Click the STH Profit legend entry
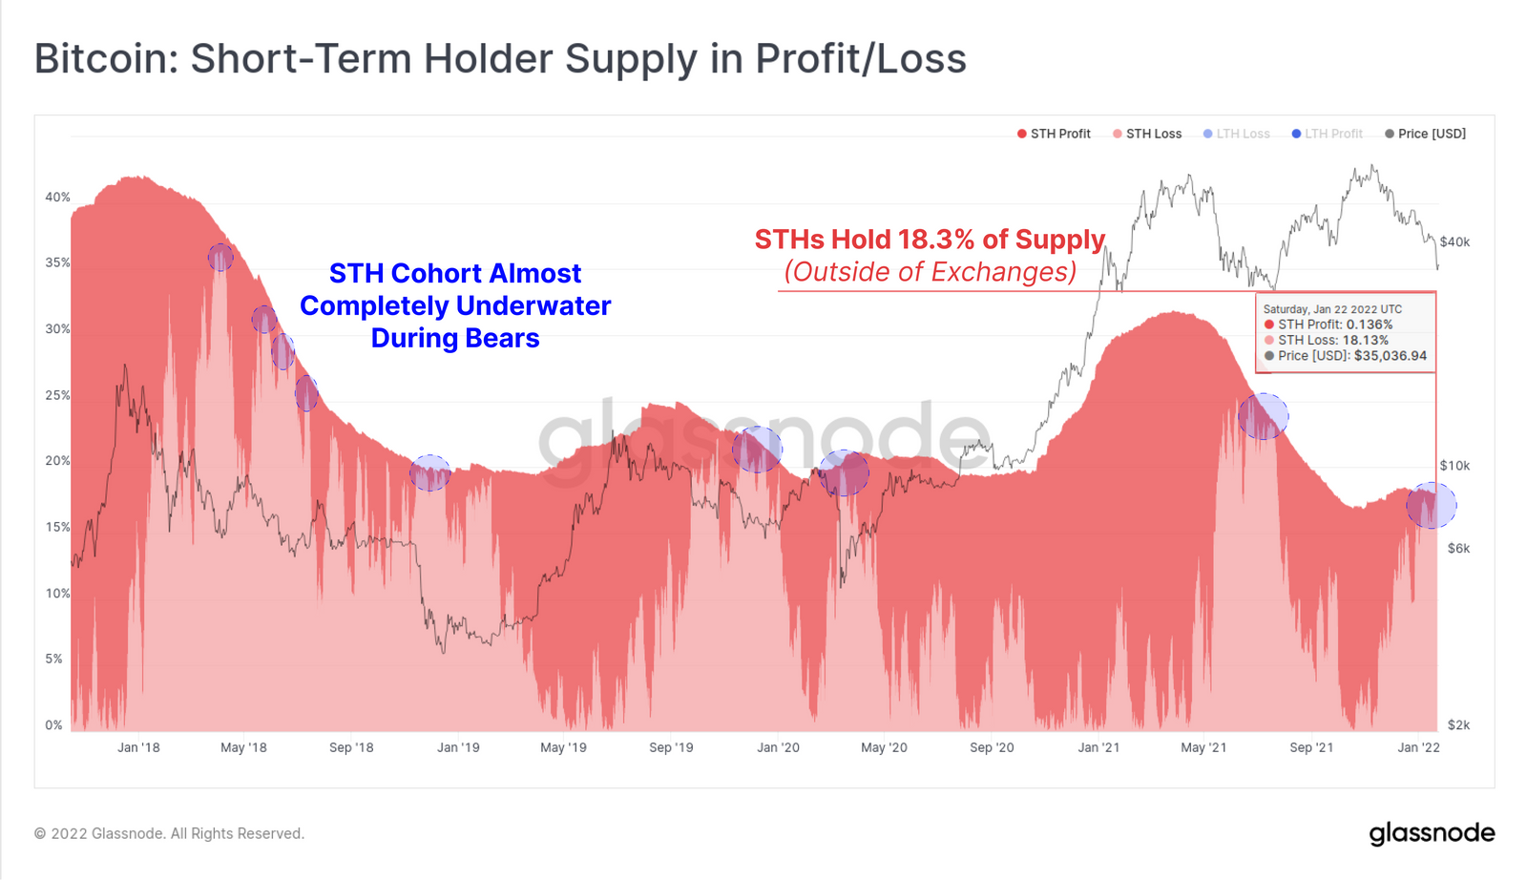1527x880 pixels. (1054, 134)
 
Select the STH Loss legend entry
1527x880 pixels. (1147, 134)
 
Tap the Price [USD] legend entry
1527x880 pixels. (1426, 134)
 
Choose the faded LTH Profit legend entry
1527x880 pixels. (1328, 134)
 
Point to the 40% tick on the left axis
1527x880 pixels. (57, 197)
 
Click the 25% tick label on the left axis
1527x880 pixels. (57, 395)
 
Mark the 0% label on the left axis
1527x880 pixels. (53, 725)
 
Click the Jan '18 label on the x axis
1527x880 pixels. (138, 747)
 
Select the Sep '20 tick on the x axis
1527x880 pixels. (992, 747)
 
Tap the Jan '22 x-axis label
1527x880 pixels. (1418, 747)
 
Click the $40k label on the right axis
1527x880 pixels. (1454, 242)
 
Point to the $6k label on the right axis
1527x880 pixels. (1458, 548)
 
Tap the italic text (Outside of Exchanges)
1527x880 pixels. (931, 272)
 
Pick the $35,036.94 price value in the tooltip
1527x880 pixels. (1390, 356)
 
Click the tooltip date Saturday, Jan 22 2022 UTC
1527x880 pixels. (1332, 309)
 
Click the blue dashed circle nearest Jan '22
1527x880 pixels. (1432, 505)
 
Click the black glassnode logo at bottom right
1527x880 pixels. (1432, 833)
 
